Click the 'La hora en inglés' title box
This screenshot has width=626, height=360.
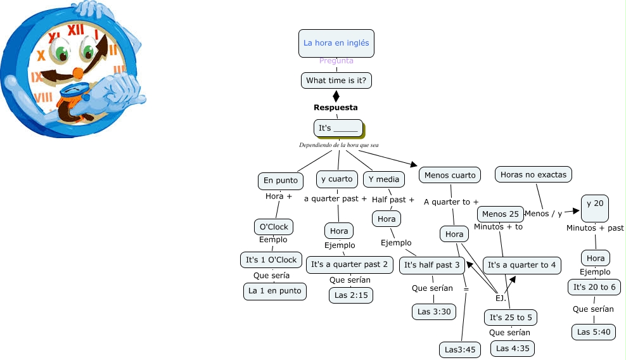pyautogui.click(x=336, y=43)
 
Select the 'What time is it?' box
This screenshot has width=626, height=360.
pyautogui.click(x=336, y=80)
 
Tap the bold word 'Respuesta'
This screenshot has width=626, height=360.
pyautogui.click(x=335, y=108)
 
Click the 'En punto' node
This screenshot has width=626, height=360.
pyautogui.click(x=280, y=181)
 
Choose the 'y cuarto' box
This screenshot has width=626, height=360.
pyautogui.click(x=336, y=179)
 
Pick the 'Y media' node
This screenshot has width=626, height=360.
pyautogui.click(x=384, y=179)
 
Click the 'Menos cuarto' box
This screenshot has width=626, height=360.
pyautogui.click(x=450, y=175)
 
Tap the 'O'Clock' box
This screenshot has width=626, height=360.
pyautogui.click(x=272, y=226)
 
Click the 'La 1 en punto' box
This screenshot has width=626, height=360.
pyautogui.click(x=274, y=292)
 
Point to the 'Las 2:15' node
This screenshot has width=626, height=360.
pyautogui.click(x=351, y=295)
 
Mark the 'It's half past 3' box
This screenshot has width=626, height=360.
pyautogui.click(x=431, y=265)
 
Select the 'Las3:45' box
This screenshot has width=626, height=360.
pyautogui.click(x=460, y=349)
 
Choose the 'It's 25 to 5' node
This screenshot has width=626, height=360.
pyautogui.click(x=511, y=317)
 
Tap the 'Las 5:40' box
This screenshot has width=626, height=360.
pyautogui.click(x=593, y=331)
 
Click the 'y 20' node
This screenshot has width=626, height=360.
pyautogui.click(x=595, y=203)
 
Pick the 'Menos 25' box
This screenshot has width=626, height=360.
pyautogui.click(x=501, y=214)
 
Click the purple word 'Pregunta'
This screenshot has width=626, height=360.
pyautogui.click(x=336, y=61)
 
